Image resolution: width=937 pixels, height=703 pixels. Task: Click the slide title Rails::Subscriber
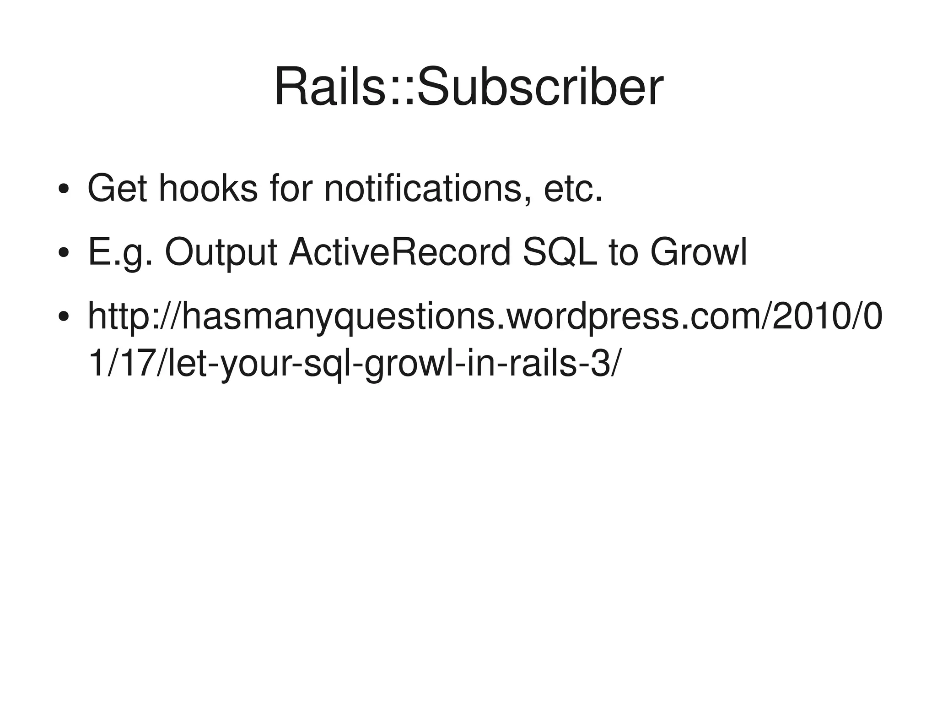(x=468, y=87)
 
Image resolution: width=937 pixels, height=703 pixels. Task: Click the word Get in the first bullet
(x=117, y=188)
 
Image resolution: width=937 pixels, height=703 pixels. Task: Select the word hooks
(x=208, y=188)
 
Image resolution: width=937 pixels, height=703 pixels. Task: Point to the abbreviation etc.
(x=572, y=188)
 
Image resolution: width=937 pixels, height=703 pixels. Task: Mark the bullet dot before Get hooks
(x=64, y=189)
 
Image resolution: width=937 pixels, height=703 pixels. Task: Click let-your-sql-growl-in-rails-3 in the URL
(x=393, y=364)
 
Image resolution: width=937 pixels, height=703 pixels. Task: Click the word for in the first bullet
(x=291, y=188)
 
